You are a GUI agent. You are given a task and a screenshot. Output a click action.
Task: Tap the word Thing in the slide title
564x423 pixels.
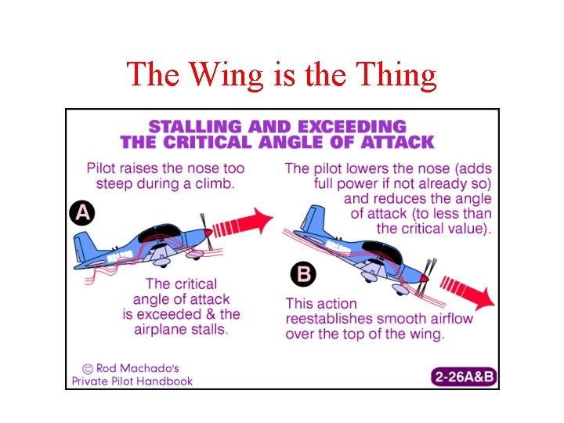click(x=395, y=74)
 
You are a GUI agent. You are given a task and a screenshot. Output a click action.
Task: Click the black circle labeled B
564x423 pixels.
click(x=302, y=275)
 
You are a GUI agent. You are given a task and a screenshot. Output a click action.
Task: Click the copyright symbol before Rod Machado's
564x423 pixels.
click(x=88, y=367)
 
